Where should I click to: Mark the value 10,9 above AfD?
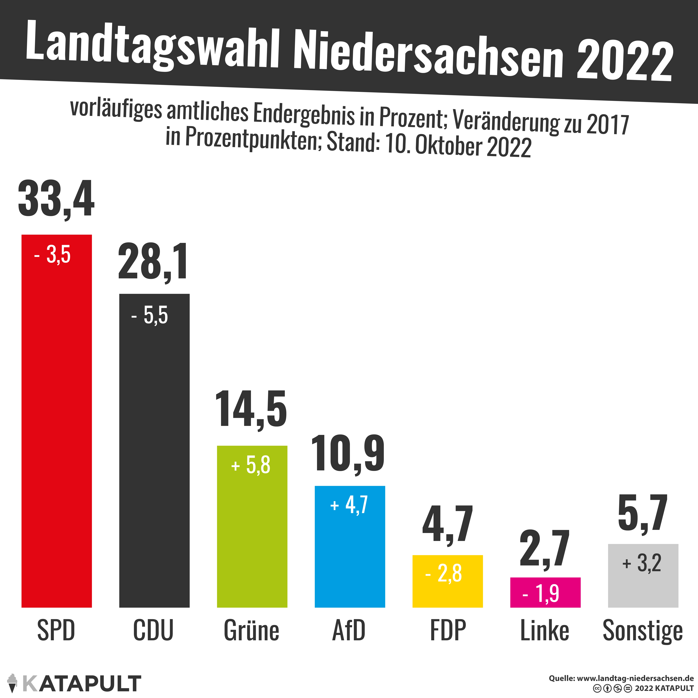point(348,454)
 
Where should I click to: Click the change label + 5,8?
point(251,465)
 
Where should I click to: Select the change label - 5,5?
point(150,315)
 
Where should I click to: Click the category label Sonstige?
point(643,630)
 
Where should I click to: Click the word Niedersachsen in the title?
point(428,54)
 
